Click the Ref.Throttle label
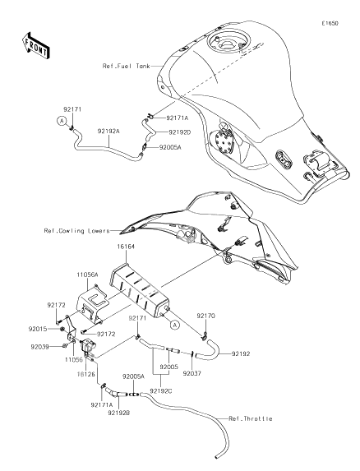[251, 418]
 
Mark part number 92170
[205, 315]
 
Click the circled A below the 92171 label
[60, 120]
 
